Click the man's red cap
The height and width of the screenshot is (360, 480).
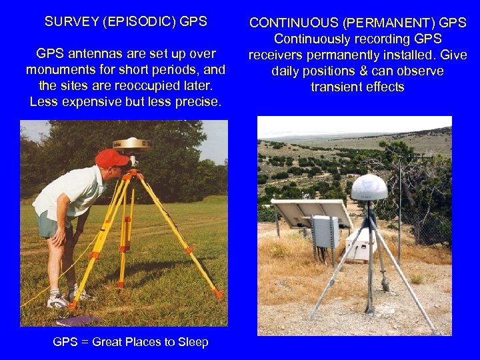tap(110, 159)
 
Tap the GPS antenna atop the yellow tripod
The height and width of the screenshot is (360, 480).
tap(132, 143)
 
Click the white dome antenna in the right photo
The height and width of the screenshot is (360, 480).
tap(369, 187)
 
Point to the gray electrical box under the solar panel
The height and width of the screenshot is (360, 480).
tap(326, 232)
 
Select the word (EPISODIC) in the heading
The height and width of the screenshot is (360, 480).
tap(140, 21)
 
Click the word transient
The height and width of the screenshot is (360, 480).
tap(337, 87)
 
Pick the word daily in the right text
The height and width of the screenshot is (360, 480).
tap(287, 71)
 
